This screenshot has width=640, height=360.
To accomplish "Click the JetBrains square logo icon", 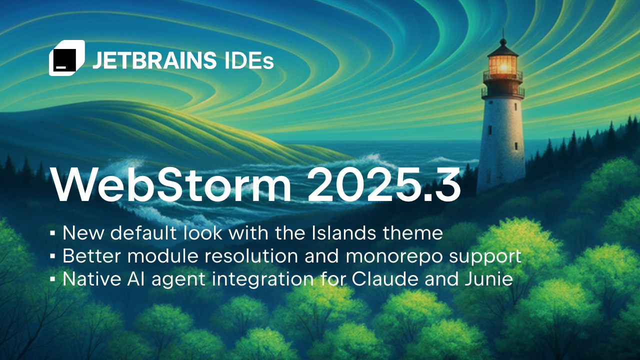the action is pos(67,58).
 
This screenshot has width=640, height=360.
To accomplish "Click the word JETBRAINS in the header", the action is pos(154,60).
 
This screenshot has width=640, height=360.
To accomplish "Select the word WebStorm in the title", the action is pos(171,185).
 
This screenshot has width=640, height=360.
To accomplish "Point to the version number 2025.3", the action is pos(383,185).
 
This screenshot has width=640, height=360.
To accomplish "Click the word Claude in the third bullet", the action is pos(385,279).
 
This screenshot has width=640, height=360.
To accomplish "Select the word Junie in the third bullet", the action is pos(488,279).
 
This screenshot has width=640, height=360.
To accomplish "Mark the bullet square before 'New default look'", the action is pos(52,233).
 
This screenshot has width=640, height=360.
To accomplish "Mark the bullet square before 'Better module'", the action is pos(52,256).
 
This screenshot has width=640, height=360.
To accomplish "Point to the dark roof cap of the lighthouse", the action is pos(503,50).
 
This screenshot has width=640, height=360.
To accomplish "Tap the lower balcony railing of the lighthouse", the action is pos(503,92).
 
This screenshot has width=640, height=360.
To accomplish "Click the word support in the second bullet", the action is pos(485,257).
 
